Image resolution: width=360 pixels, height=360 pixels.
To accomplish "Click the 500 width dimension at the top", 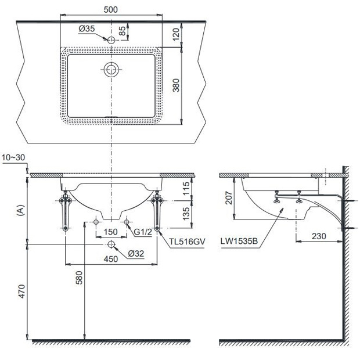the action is coord(111,10).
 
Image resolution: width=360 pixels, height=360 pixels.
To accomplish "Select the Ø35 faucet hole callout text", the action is coord(87,28).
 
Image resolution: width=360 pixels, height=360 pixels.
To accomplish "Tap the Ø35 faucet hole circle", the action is coord(111,40).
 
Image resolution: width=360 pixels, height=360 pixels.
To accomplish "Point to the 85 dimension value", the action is coord(123,31).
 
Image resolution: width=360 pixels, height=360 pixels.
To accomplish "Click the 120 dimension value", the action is coord(176,34).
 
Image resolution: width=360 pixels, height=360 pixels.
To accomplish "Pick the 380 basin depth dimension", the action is coord(176,85).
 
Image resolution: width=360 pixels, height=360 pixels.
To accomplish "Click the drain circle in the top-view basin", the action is coord(111,70).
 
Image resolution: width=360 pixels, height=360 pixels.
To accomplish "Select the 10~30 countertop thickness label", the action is coord(13,157).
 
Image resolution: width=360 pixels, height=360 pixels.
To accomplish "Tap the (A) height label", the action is coord(21,210).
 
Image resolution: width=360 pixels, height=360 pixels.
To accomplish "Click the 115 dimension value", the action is coord(186,188).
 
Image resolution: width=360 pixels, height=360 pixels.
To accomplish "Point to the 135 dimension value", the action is coord(186,213).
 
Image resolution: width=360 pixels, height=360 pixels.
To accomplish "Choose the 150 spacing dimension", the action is coord(111,232).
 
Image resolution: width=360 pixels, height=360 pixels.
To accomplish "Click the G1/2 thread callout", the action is coord(143,232).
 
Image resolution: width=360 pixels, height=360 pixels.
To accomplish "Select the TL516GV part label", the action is coord(187,242).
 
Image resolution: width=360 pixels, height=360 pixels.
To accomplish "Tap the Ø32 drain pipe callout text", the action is coord(136,254).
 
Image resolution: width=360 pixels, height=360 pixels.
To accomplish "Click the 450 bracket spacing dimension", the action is coord(111,259).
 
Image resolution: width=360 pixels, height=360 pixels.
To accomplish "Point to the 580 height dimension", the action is coord(79,278).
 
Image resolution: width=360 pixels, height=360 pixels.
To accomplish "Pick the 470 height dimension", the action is coord(21,291).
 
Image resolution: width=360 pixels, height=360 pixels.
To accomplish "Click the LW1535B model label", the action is coord(239,242).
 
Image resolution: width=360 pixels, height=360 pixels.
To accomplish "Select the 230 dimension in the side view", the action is coord(319,236).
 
